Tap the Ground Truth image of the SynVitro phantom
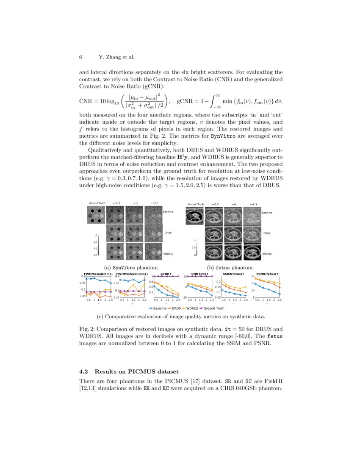pyautogui.click(x=97, y=215)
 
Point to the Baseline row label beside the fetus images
pyautogui.click(x=267, y=212)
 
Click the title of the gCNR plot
pyautogui.click(x=166, y=274)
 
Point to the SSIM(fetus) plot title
pyautogui.click(x=232, y=274)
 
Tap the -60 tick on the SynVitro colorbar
pyautogui.click(x=96, y=255)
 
